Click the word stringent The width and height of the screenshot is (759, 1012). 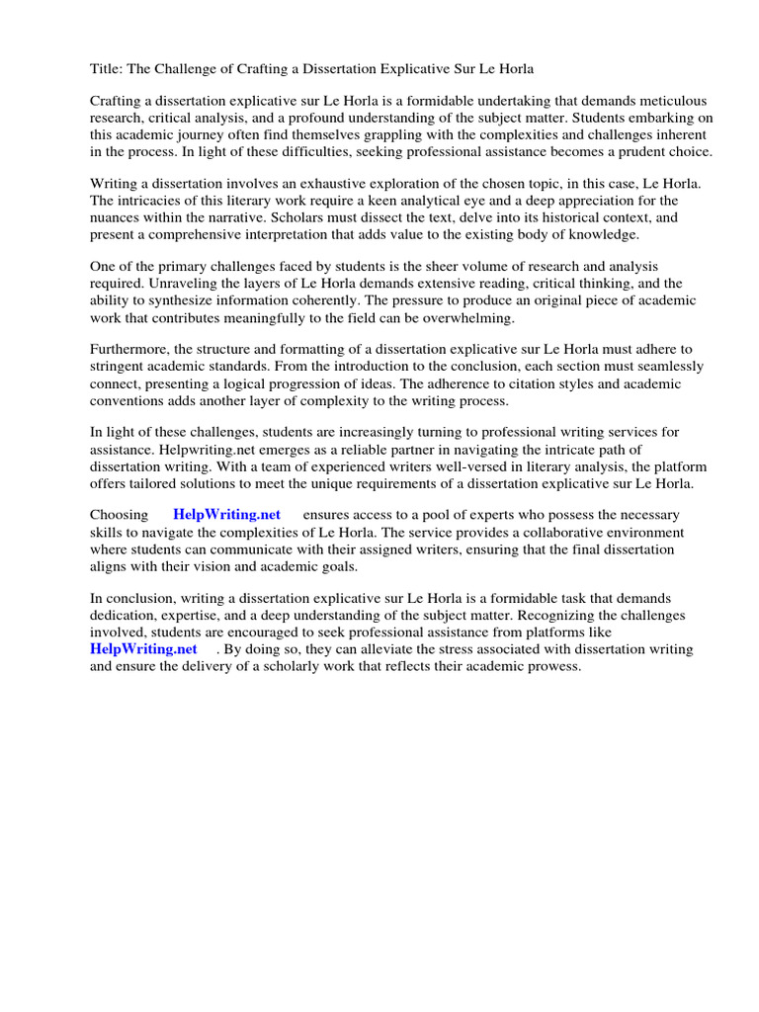(x=123, y=366)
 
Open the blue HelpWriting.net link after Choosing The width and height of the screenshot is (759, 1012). (x=226, y=515)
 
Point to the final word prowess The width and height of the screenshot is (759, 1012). (x=556, y=665)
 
